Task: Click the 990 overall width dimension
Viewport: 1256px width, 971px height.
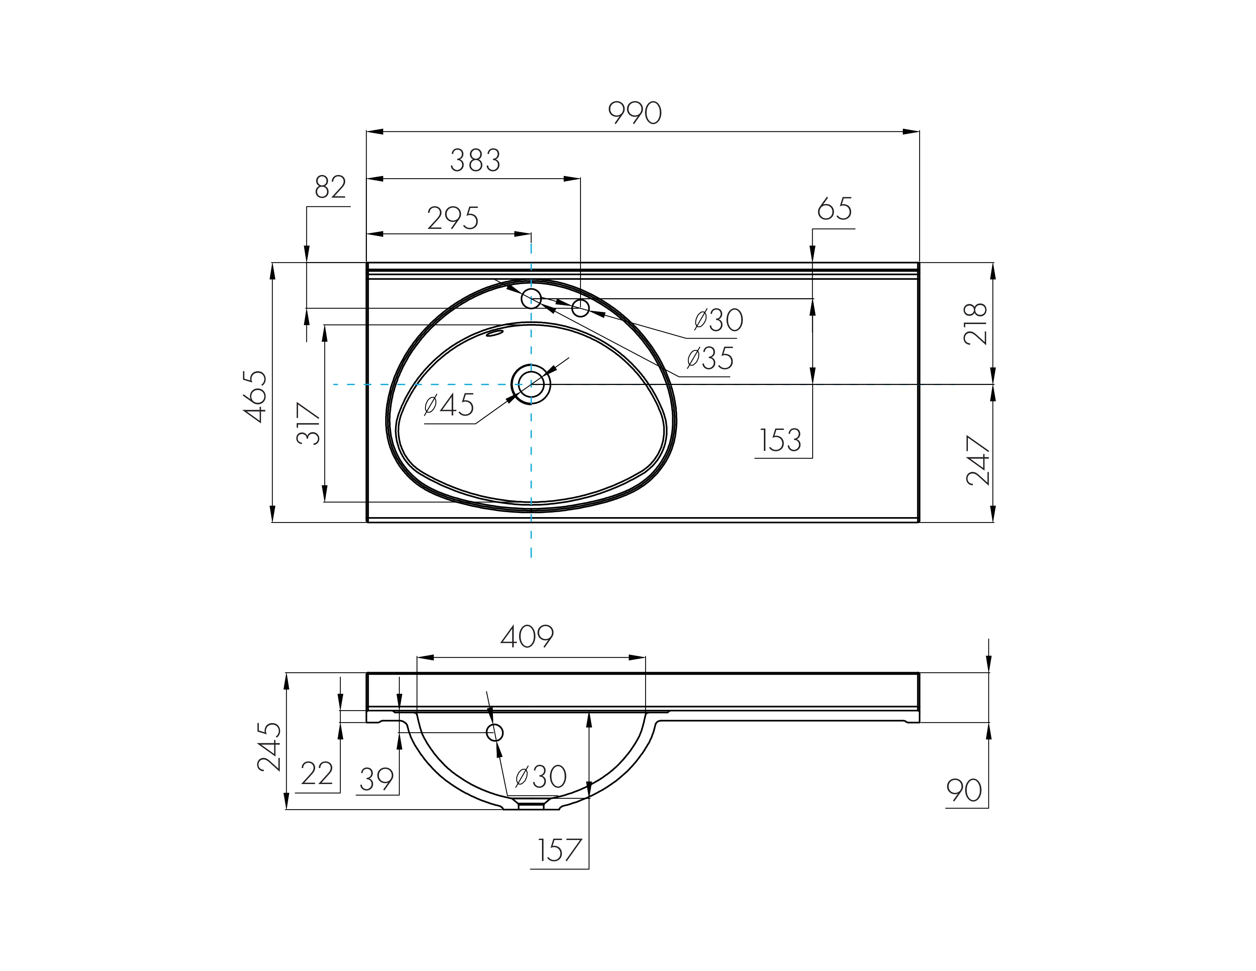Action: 635,113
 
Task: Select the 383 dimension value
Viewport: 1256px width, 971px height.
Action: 475,160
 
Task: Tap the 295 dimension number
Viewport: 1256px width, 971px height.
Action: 453,218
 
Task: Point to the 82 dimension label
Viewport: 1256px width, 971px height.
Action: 331,187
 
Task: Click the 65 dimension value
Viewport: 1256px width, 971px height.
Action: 834,209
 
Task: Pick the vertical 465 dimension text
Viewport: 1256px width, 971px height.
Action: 255,396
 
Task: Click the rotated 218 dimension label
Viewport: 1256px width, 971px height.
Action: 975,324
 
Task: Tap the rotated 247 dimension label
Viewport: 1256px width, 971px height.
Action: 978,461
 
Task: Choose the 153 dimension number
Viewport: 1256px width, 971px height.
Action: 780,440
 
